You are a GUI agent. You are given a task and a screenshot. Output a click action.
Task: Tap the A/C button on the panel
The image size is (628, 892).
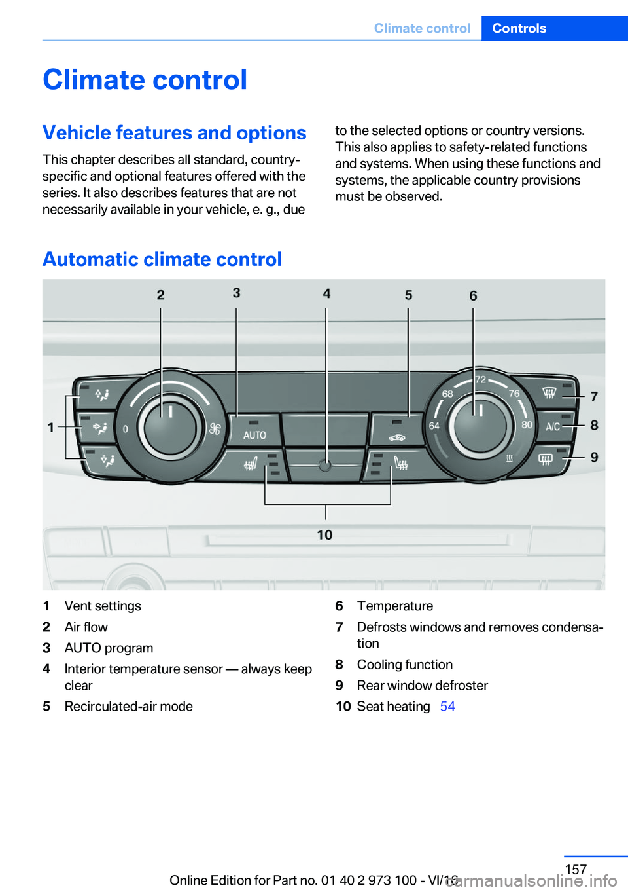click(553, 426)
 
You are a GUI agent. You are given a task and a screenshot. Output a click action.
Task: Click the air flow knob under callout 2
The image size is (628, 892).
click(170, 427)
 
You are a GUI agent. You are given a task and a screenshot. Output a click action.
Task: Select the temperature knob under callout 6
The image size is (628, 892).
click(480, 426)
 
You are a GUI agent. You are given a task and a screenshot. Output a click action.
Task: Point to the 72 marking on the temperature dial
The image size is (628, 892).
click(480, 380)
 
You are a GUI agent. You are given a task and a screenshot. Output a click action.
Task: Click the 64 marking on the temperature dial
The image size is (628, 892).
click(434, 426)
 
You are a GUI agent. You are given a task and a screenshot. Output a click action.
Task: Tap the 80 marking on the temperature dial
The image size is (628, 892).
click(527, 424)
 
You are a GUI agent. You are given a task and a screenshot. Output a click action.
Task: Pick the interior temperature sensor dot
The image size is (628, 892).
click(325, 466)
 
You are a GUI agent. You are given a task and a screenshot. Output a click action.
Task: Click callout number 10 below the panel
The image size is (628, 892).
click(324, 535)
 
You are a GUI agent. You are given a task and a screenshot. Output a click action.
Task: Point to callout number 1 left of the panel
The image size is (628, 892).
click(51, 427)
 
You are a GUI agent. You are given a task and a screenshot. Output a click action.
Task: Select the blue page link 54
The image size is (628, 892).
click(447, 707)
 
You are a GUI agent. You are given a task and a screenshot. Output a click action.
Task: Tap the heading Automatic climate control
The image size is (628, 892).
click(162, 259)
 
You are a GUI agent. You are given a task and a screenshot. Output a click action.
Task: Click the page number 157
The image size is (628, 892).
click(576, 869)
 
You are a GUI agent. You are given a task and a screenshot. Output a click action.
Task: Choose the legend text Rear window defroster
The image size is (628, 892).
click(422, 686)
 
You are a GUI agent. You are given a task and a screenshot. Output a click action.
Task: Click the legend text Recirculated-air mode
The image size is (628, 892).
click(128, 707)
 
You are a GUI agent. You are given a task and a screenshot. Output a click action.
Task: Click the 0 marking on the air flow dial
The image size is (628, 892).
click(126, 429)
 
